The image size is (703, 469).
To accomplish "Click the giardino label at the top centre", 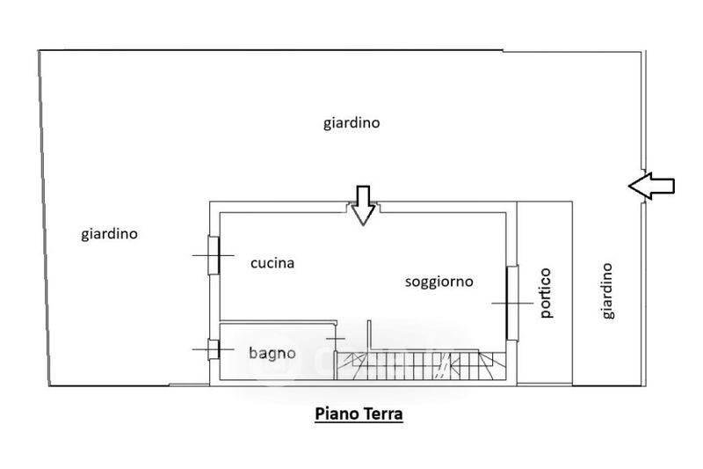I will tap(351, 123).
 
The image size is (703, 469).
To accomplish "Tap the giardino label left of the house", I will tap(110, 234).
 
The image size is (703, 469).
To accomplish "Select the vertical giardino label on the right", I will tap(607, 291).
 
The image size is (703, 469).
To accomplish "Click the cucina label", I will tap(272, 262).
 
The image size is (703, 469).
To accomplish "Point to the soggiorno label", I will tap(438, 282).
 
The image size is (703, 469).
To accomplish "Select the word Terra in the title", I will tap(382, 414).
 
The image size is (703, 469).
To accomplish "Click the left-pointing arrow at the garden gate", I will tap(651, 185).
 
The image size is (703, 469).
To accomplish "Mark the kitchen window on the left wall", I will tap(212, 255).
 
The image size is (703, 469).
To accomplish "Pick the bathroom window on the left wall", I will tap(212, 349).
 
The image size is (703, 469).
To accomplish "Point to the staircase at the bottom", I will tap(422, 363).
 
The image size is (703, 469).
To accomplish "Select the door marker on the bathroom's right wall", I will tap(337, 339).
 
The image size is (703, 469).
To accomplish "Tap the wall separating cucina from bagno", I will tap(277, 323).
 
